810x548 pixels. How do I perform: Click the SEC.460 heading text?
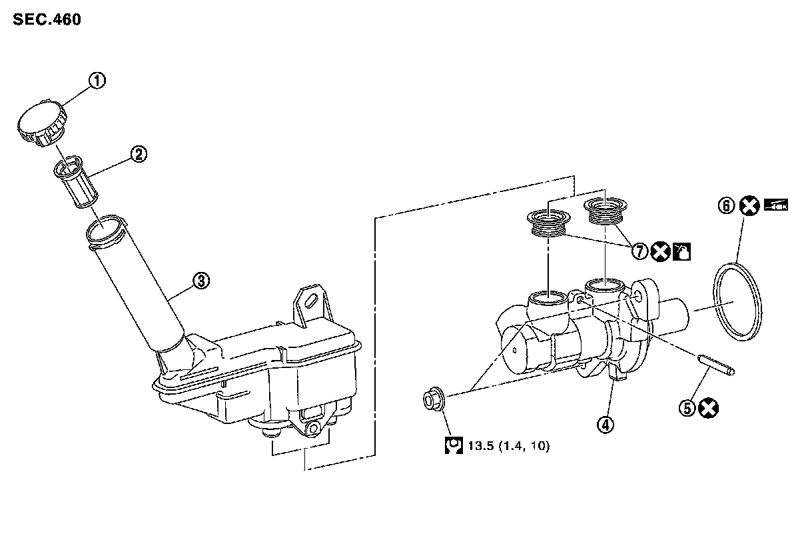(47, 20)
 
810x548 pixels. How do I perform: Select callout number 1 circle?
(97, 81)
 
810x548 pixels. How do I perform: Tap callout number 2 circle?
(138, 155)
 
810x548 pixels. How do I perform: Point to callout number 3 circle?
(201, 281)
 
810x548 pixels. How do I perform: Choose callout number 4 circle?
(606, 424)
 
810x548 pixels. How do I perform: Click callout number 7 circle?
(639, 251)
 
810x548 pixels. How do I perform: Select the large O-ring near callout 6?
(738, 302)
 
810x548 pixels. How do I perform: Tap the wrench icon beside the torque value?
(454, 446)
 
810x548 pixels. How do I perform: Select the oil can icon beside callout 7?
(681, 251)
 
